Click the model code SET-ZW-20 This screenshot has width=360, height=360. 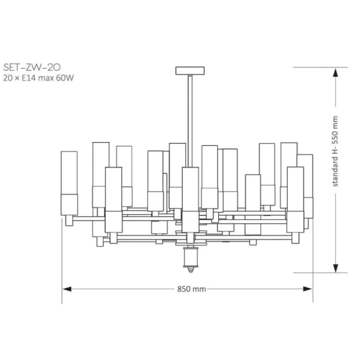tap(32, 67)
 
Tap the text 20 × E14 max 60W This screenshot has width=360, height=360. tap(38, 78)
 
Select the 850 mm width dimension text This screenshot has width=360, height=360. tap(192, 289)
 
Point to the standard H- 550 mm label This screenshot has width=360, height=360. tap(335, 151)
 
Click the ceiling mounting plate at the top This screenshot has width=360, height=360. tap(190, 71)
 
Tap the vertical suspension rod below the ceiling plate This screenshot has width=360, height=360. tap(190, 121)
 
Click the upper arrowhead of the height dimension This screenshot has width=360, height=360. tap(336, 72)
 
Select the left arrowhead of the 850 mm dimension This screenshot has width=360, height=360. tap(67, 289)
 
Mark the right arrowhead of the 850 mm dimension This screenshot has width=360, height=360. tap(308, 289)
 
